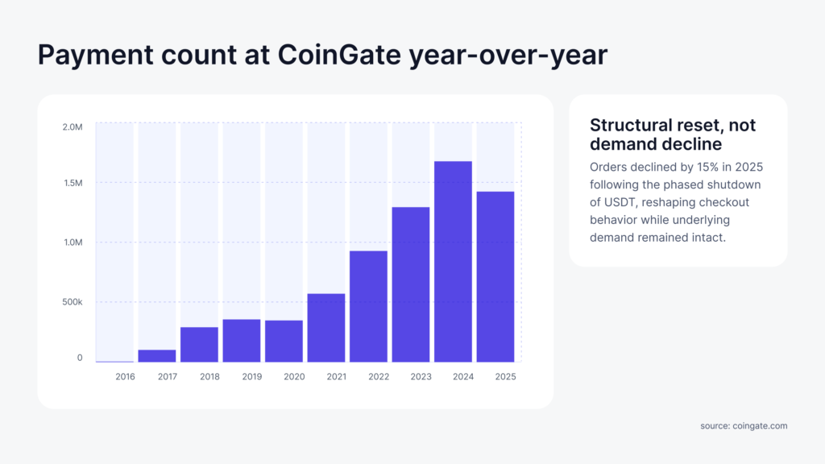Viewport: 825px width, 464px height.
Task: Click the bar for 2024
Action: pyautogui.click(x=453, y=262)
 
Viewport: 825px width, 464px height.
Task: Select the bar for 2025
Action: pyautogui.click(x=495, y=276)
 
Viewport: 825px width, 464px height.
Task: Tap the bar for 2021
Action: pyautogui.click(x=325, y=328)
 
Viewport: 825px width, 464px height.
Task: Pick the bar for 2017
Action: pyautogui.click(x=157, y=356)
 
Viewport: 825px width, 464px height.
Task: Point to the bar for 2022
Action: pyautogui.click(x=368, y=306)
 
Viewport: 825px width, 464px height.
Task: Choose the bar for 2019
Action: pyautogui.click(x=242, y=341)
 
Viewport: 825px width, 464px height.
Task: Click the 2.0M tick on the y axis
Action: pyautogui.click(x=73, y=126)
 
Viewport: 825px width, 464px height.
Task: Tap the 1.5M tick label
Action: pyautogui.click(x=73, y=183)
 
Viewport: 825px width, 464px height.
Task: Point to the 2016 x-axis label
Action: pyautogui.click(x=125, y=376)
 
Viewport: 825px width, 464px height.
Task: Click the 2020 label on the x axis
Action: pyautogui.click(x=293, y=376)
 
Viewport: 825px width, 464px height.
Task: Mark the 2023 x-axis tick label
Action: pyautogui.click(x=420, y=376)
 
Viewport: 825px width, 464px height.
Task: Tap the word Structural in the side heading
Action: pyautogui.click(x=630, y=126)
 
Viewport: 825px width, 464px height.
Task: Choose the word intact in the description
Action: pyautogui.click(x=707, y=238)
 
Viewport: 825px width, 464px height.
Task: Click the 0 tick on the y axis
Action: pyautogui.click(x=80, y=358)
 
